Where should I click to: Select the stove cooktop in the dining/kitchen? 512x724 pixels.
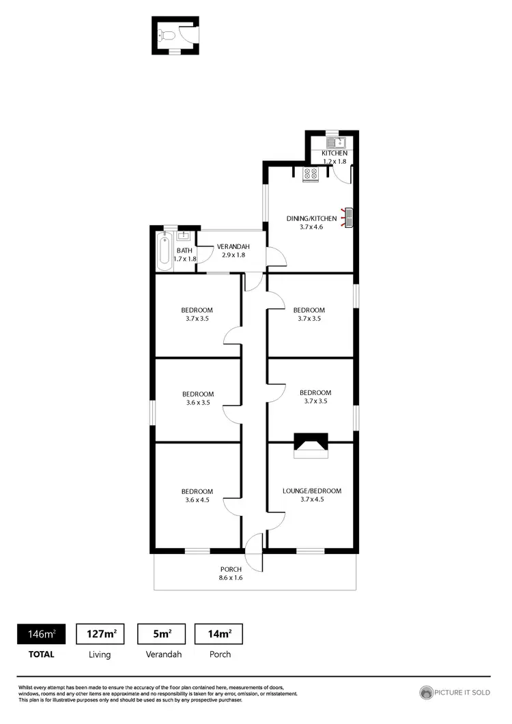tap(311, 175)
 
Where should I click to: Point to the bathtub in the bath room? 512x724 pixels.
tap(164, 250)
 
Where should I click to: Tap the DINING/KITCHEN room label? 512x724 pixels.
tap(311, 218)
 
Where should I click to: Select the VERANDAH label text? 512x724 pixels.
tap(233, 246)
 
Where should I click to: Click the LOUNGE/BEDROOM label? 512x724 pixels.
tap(311, 491)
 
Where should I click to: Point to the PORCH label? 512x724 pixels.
tap(231, 569)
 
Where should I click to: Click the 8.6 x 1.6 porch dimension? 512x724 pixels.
tap(231, 578)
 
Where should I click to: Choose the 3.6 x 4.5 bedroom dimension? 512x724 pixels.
tap(197, 500)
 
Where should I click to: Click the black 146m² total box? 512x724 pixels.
tap(41, 634)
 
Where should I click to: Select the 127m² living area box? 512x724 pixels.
tap(100, 634)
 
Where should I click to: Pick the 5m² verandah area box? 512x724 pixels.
tap(162, 634)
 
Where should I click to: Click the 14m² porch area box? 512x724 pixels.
tap(219, 634)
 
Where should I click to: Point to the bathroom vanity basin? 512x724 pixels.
tap(183, 236)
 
